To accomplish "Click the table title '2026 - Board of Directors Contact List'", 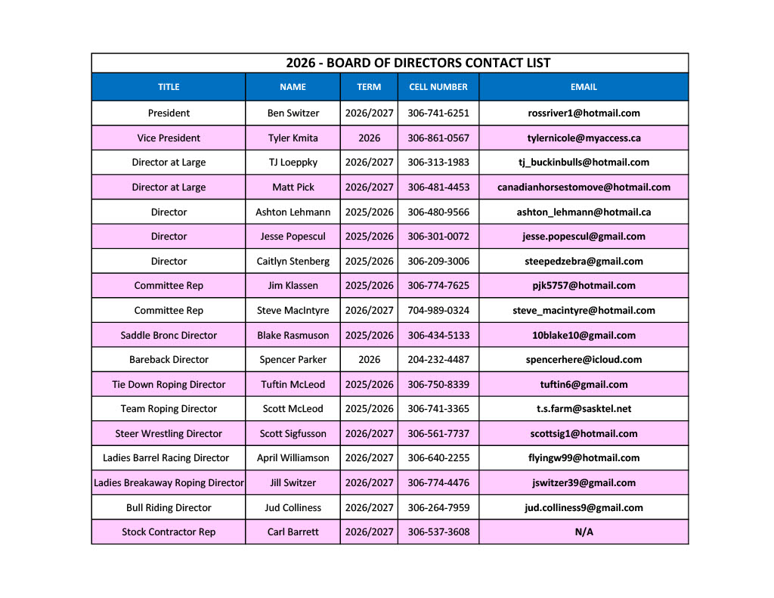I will pyautogui.click(x=418, y=63).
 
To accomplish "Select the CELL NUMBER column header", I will pyautogui.click(x=438, y=87).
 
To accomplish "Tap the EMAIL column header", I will pyautogui.click(x=584, y=87).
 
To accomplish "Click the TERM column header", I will pyautogui.click(x=369, y=87).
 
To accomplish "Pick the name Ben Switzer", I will pyautogui.click(x=293, y=113).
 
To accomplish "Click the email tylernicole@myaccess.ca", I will pyautogui.click(x=584, y=138).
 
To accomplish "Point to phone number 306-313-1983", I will pyautogui.click(x=438, y=163).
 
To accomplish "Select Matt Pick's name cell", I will pyautogui.click(x=293, y=187).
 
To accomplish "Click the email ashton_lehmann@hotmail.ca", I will pyautogui.click(x=584, y=212).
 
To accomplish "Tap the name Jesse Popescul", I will pyautogui.click(x=293, y=237).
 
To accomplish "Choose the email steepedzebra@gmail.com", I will pyautogui.click(x=584, y=262).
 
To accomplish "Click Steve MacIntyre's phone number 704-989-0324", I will pyautogui.click(x=438, y=311).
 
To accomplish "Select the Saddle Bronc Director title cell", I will pyautogui.click(x=169, y=336).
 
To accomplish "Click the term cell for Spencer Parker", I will pyautogui.click(x=369, y=360).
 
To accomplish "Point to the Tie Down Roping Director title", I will pyautogui.click(x=169, y=385).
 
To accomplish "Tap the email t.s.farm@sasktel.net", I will pyautogui.click(x=584, y=409).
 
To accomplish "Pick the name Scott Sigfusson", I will pyautogui.click(x=293, y=434).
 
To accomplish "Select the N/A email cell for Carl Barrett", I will pyautogui.click(x=584, y=532).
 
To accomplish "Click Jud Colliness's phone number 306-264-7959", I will pyautogui.click(x=438, y=508).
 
